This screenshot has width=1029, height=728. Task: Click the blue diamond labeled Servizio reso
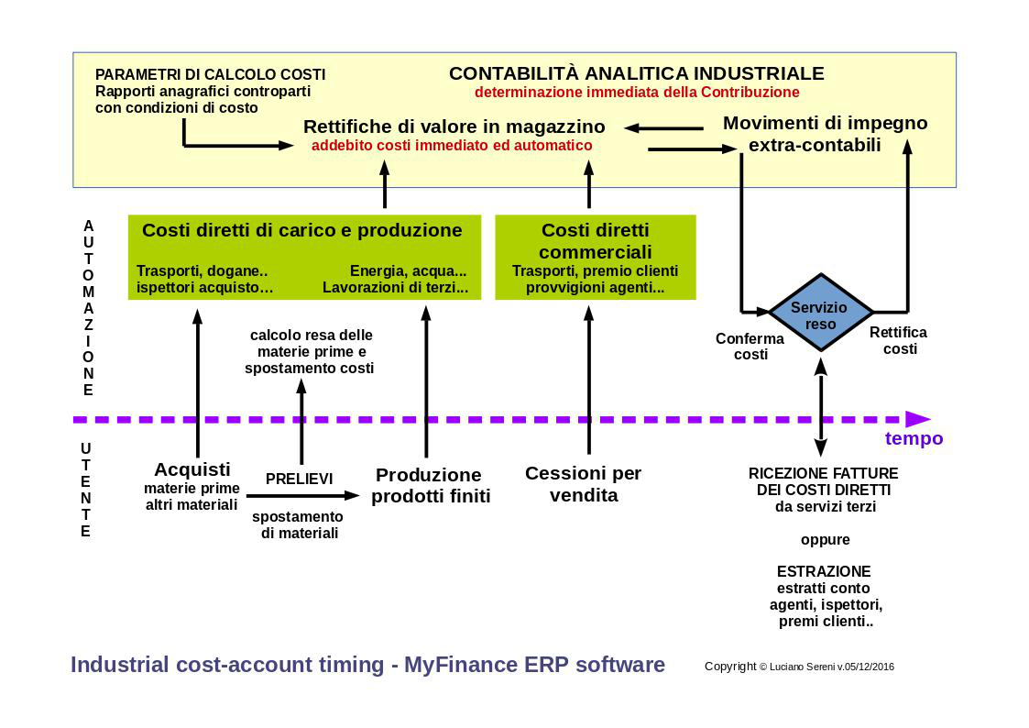click(x=820, y=314)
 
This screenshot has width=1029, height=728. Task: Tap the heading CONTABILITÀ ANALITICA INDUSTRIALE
click(x=636, y=72)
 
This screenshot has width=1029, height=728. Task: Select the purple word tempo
click(x=914, y=438)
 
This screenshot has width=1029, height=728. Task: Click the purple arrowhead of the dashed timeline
click(x=918, y=419)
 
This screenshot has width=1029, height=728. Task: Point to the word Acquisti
click(x=192, y=469)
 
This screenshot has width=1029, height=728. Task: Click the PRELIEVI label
click(x=300, y=479)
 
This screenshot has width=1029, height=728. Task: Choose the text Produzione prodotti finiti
click(x=431, y=485)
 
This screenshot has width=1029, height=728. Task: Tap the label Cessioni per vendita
click(x=584, y=484)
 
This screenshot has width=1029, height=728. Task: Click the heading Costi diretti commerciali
click(x=596, y=241)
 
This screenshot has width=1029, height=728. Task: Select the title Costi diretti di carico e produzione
click(x=301, y=230)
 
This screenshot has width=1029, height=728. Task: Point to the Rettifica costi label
click(x=899, y=340)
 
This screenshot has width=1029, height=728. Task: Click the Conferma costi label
click(x=750, y=346)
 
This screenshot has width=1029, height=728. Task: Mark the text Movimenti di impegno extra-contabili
click(x=825, y=133)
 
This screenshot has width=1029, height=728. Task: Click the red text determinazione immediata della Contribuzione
click(x=637, y=92)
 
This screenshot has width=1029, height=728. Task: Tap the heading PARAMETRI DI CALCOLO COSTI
click(x=210, y=75)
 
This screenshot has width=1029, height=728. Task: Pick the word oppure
click(x=825, y=540)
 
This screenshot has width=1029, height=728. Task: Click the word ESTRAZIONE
click(x=824, y=571)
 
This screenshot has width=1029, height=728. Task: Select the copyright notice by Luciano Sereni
click(x=799, y=667)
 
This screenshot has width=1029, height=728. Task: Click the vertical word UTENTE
click(x=86, y=490)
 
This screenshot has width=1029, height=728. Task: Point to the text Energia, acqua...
click(x=408, y=271)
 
